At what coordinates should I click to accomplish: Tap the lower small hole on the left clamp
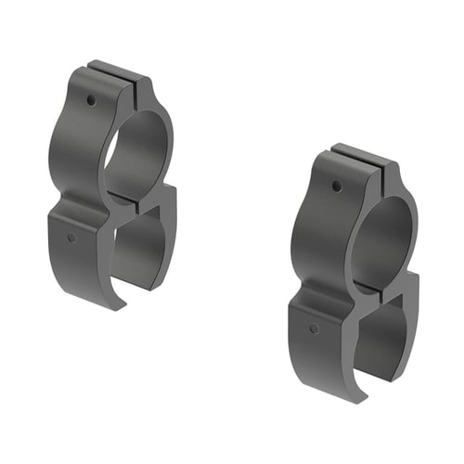tap(72, 238)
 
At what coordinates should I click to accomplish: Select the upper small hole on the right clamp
tap(336, 187)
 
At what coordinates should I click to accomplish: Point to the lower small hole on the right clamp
tap(315, 329)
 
